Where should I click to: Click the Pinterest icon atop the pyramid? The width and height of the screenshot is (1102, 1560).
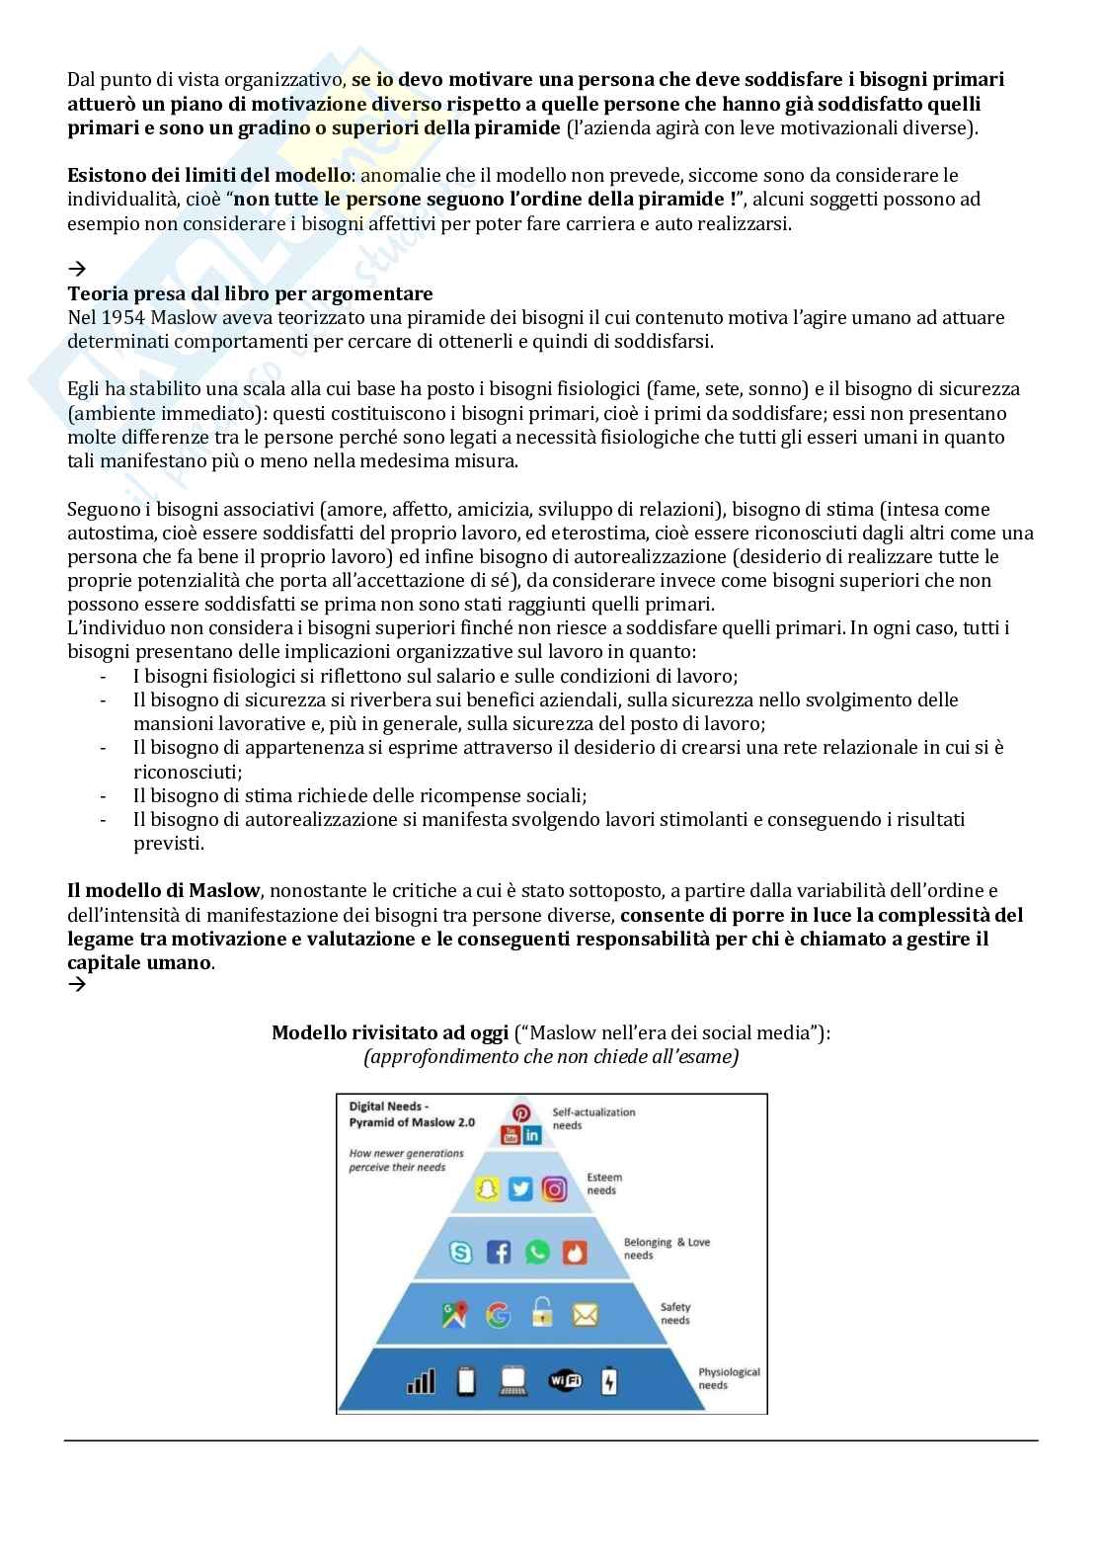(521, 1113)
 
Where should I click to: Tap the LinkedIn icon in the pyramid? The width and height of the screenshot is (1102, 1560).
(533, 1135)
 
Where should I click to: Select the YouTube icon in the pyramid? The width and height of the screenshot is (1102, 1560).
(512, 1135)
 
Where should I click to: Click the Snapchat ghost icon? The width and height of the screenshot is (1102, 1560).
(487, 1189)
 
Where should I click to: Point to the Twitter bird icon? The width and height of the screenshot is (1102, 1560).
(520, 1189)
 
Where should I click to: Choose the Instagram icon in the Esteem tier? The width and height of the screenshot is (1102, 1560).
(555, 1189)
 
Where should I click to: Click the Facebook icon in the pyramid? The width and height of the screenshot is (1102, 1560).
(499, 1253)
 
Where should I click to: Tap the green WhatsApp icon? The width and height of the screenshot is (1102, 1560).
(537, 1253)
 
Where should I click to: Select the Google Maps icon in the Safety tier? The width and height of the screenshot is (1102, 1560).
(454, 1315)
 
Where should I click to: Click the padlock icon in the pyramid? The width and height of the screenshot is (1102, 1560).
(541, 1314)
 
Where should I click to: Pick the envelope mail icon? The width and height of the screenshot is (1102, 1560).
(586, 1315)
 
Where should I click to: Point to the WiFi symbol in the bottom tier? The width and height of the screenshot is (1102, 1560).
(565, 1380)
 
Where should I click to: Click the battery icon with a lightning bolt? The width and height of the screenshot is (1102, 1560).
(609, 1380)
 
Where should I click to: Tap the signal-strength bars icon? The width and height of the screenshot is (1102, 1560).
(421, 1380)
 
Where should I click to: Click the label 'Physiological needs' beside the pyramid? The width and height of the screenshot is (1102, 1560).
(729, 1378)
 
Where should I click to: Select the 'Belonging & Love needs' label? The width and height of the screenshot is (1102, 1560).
(667, 1248)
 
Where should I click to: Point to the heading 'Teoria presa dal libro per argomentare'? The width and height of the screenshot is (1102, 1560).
(250, 293)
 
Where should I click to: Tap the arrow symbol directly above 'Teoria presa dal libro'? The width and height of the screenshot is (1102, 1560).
(76, 269)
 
